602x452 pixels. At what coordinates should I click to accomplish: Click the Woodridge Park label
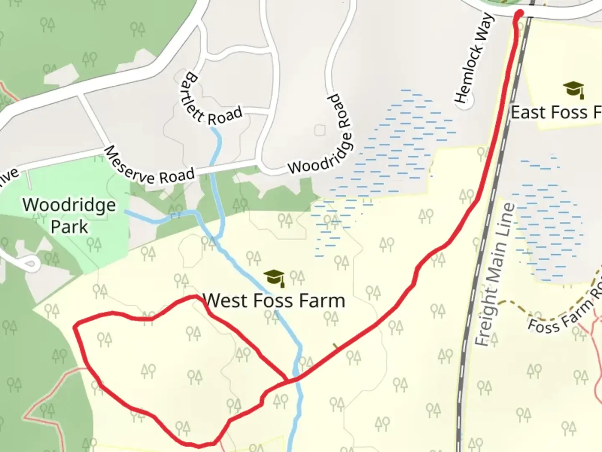click(x=69, y=216)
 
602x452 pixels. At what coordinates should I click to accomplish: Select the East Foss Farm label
click(x=556, y=112)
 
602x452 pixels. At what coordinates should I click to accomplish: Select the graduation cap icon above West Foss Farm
click(x=274, y=277)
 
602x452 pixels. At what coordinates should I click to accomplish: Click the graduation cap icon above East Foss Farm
click(x=573, y=89)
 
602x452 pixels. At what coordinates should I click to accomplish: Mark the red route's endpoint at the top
click(x=520, y=13)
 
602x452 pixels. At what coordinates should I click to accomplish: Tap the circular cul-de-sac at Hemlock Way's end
click(x=463, y=104)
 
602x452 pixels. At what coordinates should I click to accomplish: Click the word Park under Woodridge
click(x=69, y=227)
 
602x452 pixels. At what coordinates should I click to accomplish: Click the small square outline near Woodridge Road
click(x=320, y=130)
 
